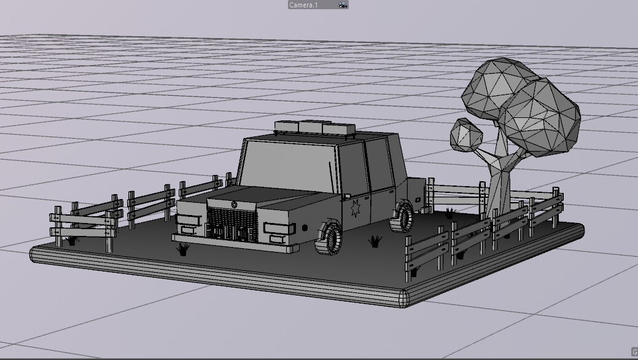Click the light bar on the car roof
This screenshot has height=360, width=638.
[x=315, y=127]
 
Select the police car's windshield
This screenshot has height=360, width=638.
[x=287, y=164]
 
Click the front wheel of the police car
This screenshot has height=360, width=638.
[x=330, y=238]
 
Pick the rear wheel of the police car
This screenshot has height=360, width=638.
[x=403, y=217]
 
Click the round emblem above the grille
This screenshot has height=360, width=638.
[x=234, y=204]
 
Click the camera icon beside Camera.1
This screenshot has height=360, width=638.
[x=343, y=4]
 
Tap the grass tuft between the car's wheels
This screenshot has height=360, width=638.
[x=375, y=241]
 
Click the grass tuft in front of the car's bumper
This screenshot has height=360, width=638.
[x=182, y=249]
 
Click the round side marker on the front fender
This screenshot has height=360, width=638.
[x=305, y=227]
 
